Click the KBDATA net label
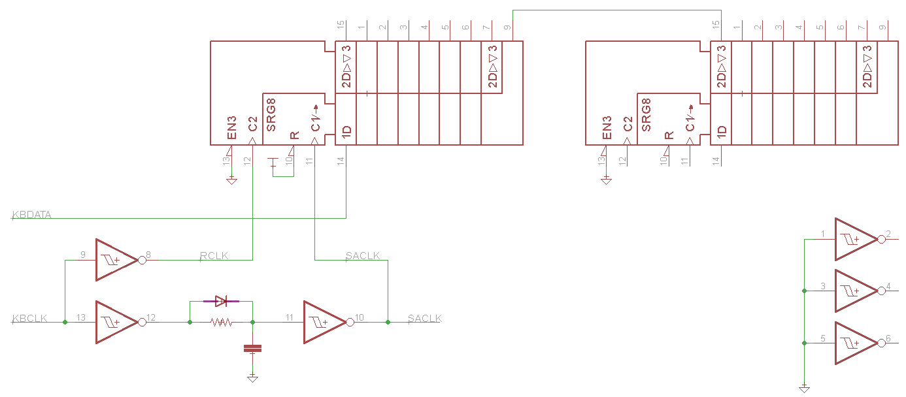point(31,214)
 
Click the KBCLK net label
point(30,319)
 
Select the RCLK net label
point(214,256)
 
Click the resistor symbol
point(221,322)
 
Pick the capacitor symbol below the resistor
point(252,348)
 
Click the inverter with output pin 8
point(116,260)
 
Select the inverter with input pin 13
point(116,322)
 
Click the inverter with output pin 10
point(324,322)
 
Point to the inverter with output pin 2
point(856,239)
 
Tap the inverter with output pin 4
point(856,291)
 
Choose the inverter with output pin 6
point(856,343)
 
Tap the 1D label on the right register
point(722,131)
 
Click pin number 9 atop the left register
point(508,27)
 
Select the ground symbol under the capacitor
point(252,377)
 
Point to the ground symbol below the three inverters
point(804,388)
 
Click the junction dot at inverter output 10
point(388,322)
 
